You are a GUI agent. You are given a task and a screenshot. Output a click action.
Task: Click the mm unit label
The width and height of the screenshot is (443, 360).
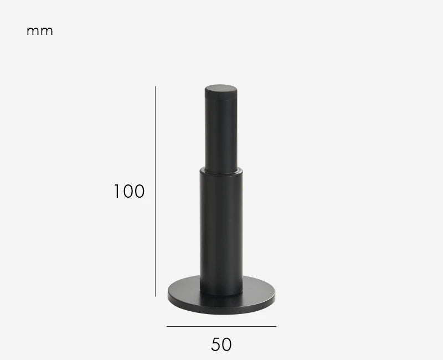(39, 31)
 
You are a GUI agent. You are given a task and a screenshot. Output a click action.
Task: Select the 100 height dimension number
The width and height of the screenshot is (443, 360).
(129, 192)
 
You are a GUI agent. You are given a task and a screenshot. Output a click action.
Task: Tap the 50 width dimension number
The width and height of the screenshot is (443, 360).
(221, 344)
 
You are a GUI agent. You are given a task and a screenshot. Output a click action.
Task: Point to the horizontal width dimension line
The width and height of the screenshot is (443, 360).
(221, 326)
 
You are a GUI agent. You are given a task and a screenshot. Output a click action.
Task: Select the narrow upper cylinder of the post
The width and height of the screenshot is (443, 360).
(221, 133)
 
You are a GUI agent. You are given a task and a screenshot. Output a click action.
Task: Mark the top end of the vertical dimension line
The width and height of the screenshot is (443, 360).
(156, 86)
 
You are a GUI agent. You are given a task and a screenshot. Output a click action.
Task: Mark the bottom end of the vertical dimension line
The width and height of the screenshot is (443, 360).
(156, 296)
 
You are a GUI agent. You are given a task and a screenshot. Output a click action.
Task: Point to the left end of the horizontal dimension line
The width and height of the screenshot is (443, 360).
(167, 326)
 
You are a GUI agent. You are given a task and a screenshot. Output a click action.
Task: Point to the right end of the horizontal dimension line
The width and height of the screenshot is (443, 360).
(276, 326)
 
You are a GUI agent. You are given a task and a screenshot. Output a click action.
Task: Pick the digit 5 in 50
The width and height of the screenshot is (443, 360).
(216, 344)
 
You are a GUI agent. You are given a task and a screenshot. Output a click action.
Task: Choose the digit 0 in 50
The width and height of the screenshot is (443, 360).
(226, 344)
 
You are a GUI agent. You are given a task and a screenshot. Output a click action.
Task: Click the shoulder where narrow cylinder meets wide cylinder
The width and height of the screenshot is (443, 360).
(221, 171)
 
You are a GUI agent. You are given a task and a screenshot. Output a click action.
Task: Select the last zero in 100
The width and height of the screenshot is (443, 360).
(138, 192)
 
